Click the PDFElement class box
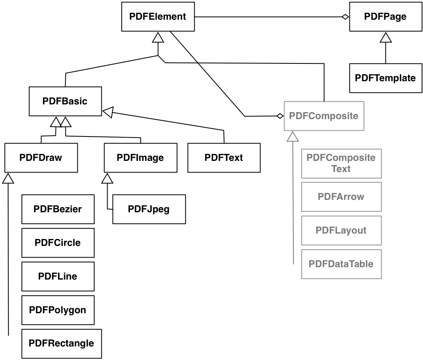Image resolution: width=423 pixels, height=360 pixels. pyautogui.click(x=158, y=17)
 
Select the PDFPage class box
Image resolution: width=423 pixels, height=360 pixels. pyautogui.click(x=385, y=17)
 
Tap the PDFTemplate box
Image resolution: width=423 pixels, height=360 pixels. pyautogui.click(x=385, y=78)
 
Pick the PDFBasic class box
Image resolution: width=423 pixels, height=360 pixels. pyautogui.click(x=65, y=101)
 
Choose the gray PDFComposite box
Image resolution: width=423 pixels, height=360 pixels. pyautogui.click(x=324, y=116)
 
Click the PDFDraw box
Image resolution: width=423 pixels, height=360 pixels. pyautogui.click(x=41, y=158)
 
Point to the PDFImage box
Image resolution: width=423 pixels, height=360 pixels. pyautogui.click(x=140, y=158)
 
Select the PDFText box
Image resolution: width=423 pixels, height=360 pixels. pyautogui.click(x=224, y=158)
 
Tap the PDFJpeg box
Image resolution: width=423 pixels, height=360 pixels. pyautogui.click(x=149, y=209)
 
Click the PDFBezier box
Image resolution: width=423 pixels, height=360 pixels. pyautogui.click(x=58, y=209)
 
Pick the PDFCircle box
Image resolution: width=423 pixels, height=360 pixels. pyautogui.click(x=58, y=243)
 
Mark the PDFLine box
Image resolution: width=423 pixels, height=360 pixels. pyautogui.click(x=58, y=276)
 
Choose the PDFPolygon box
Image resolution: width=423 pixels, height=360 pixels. pyautogui.click(x=58, y=310)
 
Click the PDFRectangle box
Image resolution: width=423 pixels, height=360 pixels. pyautogui.click(x=61, y=343)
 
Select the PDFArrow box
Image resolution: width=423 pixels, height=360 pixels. pyautogui.click(x=341, y=196)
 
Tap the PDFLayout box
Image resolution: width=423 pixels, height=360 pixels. pyautogui.click(x=341, y=230)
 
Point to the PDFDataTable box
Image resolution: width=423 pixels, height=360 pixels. pyautogui.click(x=341, y=264)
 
